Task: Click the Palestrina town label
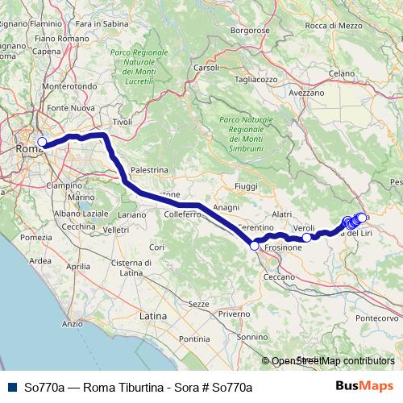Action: [148, 170]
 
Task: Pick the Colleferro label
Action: [182, 215]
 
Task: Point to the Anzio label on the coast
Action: [72, 324]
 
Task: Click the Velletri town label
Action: [116, 230]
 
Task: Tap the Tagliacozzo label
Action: [256, 80]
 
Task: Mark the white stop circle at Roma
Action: [42, 142]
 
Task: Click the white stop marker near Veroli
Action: [306, 238]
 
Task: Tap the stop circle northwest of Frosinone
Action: [254, 247]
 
